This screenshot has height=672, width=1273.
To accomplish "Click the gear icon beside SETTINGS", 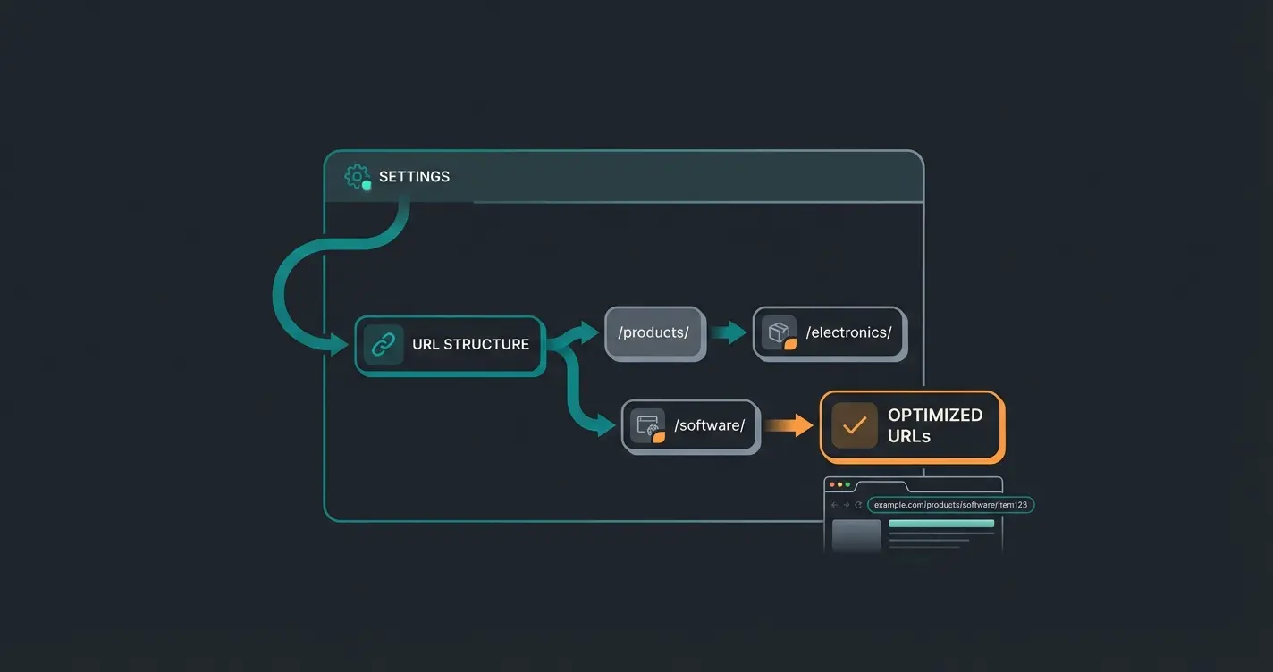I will pos(357,176).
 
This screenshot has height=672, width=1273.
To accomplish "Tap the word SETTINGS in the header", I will pos(414,177).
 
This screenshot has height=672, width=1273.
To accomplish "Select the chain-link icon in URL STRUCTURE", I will pos(384,344).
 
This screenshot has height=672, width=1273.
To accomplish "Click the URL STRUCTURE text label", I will pos(470,344).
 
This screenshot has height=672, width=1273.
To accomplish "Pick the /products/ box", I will pos(654,333).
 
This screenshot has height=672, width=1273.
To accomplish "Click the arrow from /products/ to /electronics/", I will pos(729,333).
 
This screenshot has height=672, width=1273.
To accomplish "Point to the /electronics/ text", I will pos(848,333).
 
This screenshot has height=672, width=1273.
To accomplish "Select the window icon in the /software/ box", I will pos(647,425).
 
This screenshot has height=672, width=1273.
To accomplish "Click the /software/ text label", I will pos(709,425).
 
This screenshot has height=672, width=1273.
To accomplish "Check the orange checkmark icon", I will pos(855,425).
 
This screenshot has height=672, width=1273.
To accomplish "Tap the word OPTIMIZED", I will pos(934,415).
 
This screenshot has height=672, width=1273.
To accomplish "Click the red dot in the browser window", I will pos(831,484).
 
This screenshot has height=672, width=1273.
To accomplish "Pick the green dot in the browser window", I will pos(847,484).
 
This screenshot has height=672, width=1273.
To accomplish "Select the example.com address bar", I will pos(950,505).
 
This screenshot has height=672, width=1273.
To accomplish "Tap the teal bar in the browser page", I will pos(940,524).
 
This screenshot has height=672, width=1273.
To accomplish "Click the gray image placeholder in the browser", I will pos(856,536).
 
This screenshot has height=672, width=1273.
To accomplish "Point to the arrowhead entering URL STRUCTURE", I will pos(340,344).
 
